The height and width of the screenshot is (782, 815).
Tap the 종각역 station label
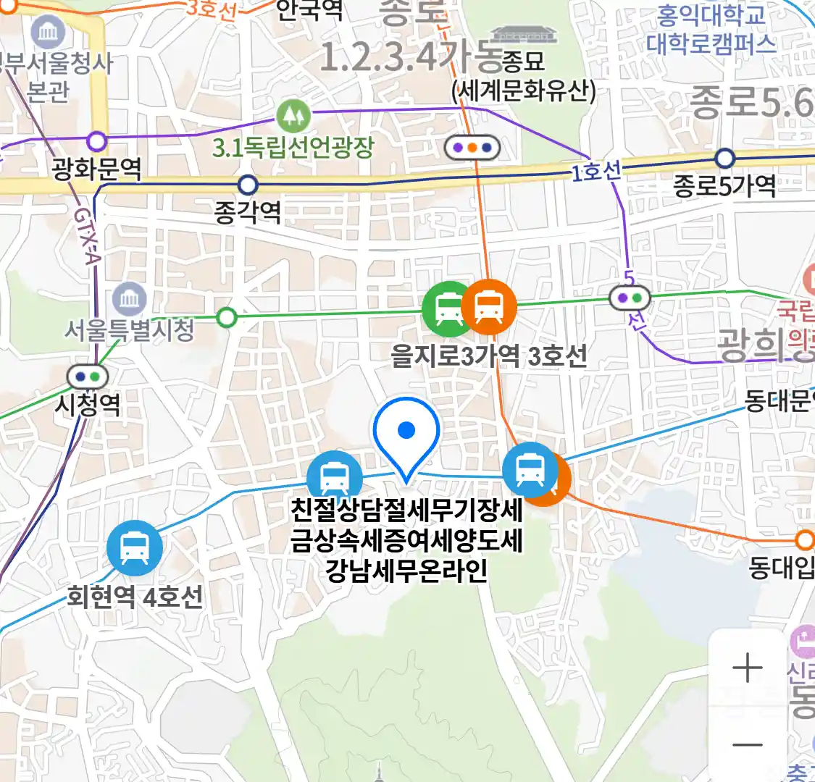[x=248, y=212]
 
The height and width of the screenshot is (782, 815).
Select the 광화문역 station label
[x=96, y=169]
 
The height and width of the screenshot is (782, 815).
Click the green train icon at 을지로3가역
[x=447, y=308]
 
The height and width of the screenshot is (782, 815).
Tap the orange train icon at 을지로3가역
[x=489, y=307]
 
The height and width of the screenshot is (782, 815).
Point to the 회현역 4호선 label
[x=135, y=597]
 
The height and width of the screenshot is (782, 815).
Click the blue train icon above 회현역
[x=134, y=548]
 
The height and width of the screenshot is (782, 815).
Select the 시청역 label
[x=87, y=404]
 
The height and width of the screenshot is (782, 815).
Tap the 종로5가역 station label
[x=724, y=186]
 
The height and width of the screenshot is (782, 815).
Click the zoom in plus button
[x=747, y=668]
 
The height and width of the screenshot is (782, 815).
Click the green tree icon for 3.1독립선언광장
[x=293, y=115]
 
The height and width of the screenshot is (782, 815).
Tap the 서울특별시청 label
[x=129, y=330]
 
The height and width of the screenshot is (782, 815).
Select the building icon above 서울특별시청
[x=130, y=298]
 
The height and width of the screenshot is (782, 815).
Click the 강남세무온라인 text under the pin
[x=406, y=571]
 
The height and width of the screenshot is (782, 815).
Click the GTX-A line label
[x=86, y=236]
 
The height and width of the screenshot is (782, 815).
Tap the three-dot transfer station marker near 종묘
[x=472, y=148]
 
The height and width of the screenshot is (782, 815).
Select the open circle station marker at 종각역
[x=248, y=185]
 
